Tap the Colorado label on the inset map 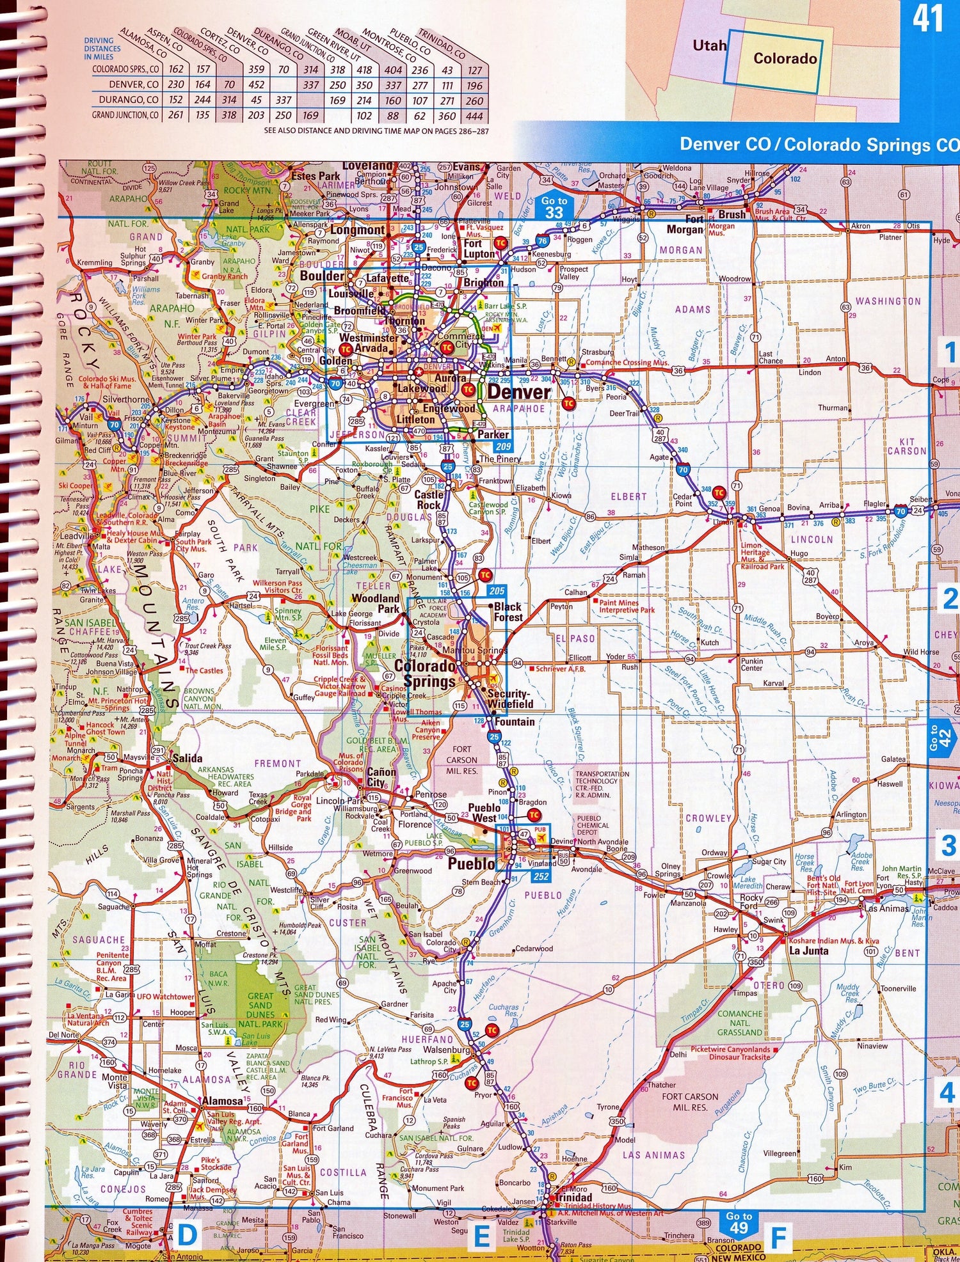click(x=785, y=59)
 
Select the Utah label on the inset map click(x=709, y=45)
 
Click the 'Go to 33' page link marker click(x=554, y=207)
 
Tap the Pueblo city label click(x=472, y=864)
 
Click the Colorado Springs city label click(x=425, y=674)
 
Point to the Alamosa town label click(x=222, y=1101)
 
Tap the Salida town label click(x=187, y=758)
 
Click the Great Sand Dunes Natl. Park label click(x=260, y=1010)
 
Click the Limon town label click(x=724, y=522)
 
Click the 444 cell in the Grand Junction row click(x=474, y=116)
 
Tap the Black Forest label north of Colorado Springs click(x=508, y=611)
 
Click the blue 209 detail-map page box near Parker click(x=503, y=446)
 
